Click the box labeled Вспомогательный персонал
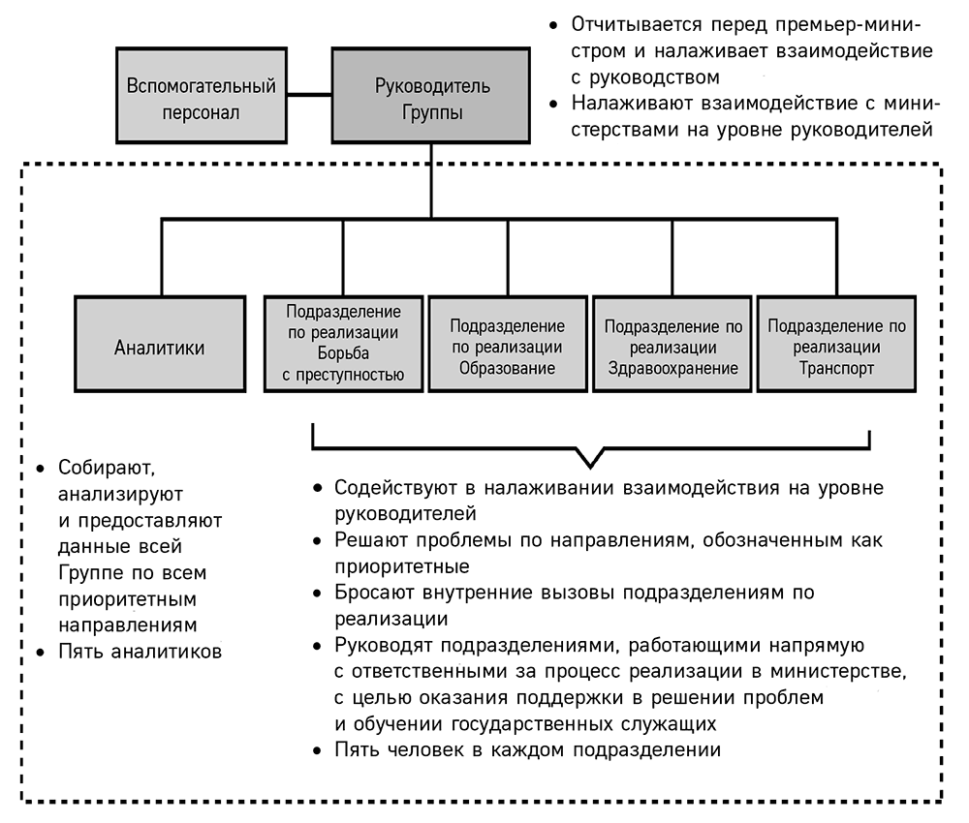coord(202,96)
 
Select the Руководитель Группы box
coord(431,96)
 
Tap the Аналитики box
coord(160,344)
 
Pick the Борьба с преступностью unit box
coord(344,344)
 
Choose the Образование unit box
coord(508,344)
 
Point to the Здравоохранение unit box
coord(672,344)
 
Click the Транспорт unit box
coord(837,344)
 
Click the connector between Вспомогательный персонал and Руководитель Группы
coord(310,95)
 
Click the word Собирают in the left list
coord(107,468)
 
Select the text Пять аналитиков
coord(141,652)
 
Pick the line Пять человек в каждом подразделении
coord(528,750)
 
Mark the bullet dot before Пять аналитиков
coord(41,652)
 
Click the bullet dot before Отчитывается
coord(553,25)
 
